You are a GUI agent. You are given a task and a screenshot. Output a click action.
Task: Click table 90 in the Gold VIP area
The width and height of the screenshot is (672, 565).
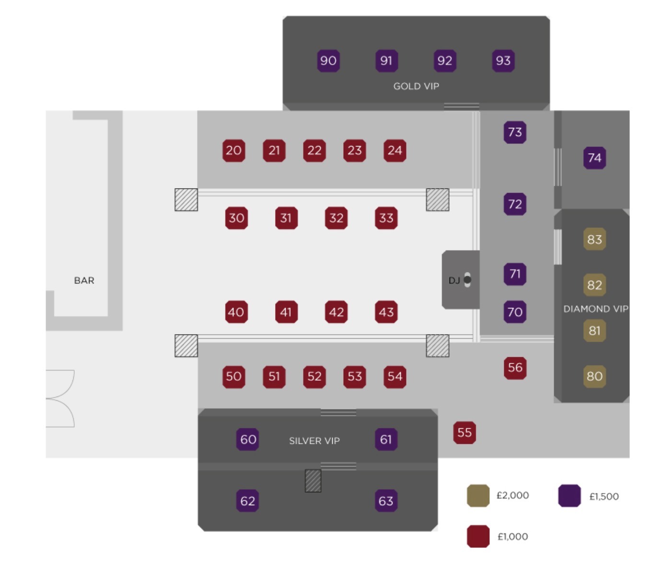[x=328, y=61]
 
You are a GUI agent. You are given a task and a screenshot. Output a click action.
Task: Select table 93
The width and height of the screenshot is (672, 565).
[x=503, y=61]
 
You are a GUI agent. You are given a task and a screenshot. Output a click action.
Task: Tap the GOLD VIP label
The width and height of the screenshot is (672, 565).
[x=416, y=86]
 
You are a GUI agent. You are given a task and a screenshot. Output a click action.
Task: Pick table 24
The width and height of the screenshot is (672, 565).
[x=395, y=150]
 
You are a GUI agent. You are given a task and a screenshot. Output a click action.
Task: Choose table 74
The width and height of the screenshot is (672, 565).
[x=594, y=158]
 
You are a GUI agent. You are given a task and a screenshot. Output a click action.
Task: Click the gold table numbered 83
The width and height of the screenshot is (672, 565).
[x=594, y=239]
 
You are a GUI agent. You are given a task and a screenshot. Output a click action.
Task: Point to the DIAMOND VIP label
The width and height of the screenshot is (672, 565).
[x=595, y=309]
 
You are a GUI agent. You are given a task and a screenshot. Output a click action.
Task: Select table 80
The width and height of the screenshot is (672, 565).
[x=594, y=376]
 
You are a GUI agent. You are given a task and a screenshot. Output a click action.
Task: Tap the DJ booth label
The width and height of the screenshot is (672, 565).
[x=454, y=281]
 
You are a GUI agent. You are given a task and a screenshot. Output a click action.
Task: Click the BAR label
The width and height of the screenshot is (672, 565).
[x=84, y=281]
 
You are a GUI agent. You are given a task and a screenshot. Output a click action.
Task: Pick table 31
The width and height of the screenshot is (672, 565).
[x=286, y=218]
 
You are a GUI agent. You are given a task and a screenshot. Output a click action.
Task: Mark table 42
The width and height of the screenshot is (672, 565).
[x=336, y=312]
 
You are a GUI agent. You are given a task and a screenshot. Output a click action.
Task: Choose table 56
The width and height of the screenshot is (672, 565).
[x=515, y=368]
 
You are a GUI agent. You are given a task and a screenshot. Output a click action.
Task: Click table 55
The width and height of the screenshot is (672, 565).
[x=464, y=433]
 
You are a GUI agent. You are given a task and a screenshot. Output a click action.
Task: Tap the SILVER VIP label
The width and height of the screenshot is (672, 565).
[x=314, y=441]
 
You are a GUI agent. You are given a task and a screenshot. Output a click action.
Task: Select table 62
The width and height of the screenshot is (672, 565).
[x=247, y=501]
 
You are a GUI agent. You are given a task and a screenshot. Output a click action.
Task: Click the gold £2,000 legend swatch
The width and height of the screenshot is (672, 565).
[x=478, y=496]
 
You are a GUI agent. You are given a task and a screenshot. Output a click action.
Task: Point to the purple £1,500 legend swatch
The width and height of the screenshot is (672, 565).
[x=569, y=496]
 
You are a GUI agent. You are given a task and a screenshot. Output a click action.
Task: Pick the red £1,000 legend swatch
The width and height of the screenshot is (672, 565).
[x=478, y=536]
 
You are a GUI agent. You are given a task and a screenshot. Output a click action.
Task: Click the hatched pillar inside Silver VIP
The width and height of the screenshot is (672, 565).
[x=313, y=481]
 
